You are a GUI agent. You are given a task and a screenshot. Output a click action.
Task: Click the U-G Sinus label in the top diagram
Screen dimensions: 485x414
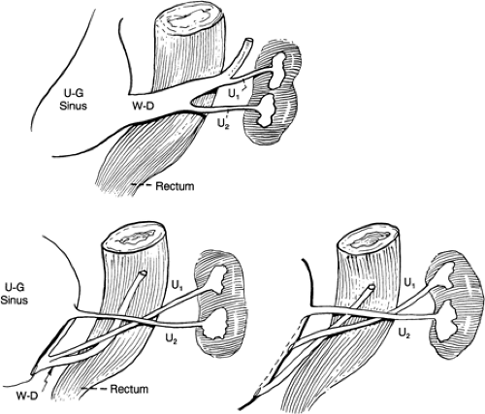point(74,100)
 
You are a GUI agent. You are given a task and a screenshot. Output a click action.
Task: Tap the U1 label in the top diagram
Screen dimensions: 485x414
point(234,94)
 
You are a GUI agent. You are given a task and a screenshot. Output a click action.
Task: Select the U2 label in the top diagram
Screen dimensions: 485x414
point(223,124)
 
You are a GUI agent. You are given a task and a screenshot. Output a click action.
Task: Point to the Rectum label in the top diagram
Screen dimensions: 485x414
point(175,186)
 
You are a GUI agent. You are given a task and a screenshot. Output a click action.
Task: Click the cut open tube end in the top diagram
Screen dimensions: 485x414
point(248,42)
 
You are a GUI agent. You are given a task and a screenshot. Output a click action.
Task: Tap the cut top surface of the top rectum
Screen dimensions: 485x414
point(188,19)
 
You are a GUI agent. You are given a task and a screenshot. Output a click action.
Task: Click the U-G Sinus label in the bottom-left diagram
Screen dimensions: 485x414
point(15,294)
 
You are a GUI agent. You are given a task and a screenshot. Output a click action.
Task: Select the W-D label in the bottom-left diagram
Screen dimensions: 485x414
point(26,395)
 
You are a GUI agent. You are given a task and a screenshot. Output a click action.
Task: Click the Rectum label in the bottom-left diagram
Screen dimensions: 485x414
point(129,389)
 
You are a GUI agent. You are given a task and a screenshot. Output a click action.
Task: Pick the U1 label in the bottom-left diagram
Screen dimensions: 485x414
point(177,286)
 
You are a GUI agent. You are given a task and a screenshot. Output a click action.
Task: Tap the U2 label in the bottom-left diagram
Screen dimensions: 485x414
point(171,339)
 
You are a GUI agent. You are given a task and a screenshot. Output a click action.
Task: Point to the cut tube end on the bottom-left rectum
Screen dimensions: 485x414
point(143,273)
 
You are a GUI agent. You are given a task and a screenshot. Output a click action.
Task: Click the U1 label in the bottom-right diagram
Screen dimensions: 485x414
point(410,283)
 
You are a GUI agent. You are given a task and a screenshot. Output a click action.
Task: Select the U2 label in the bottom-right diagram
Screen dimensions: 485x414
point(404,333)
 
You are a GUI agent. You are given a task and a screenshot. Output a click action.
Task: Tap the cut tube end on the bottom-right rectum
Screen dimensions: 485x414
point(372,287)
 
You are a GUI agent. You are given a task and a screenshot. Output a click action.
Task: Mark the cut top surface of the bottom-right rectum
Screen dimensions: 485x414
point(368,239)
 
